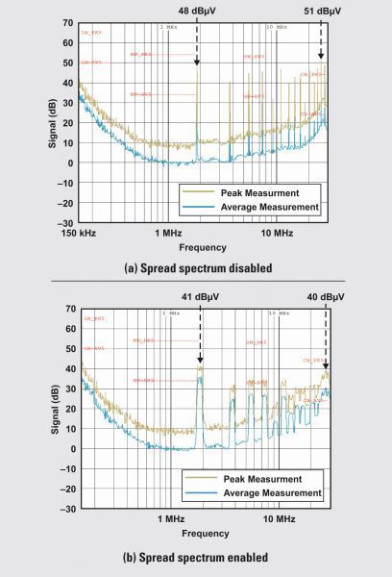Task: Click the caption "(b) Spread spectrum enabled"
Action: click(x=195, y=556)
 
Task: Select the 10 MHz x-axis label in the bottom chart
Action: click(x=279, y=519)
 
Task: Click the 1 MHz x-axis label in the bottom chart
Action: click(x=170, y=519)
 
